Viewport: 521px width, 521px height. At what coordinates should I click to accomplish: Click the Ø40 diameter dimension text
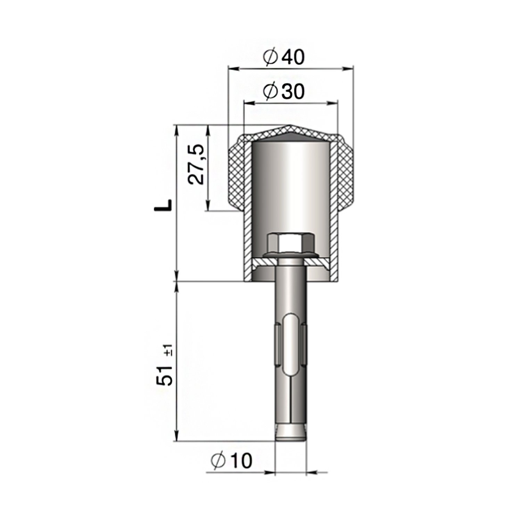click(x=284, y=57)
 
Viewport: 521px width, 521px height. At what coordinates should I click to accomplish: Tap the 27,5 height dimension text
click(x=196, y=165)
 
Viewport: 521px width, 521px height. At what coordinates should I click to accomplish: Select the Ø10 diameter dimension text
click(x=231, y=461)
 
